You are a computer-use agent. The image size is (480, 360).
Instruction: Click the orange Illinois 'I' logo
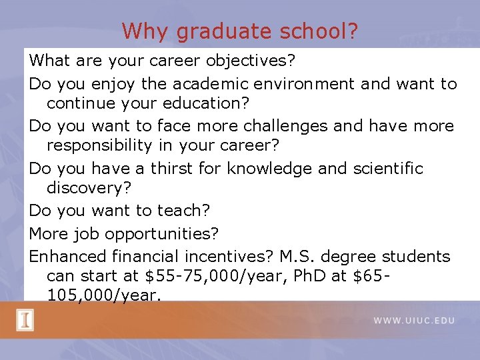pyautogui.click(x=25, y=321)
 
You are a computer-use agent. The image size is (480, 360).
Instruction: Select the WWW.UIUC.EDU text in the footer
pyautogui.click(x=414, y=321)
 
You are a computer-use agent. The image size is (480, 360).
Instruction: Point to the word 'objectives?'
pyautogui.click(x=251, y=61)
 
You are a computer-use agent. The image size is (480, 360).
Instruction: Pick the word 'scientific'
pyautogui.click(x=387, y=169)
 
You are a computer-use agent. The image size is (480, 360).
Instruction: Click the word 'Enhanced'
pyautogui.click(x=71, y=256)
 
